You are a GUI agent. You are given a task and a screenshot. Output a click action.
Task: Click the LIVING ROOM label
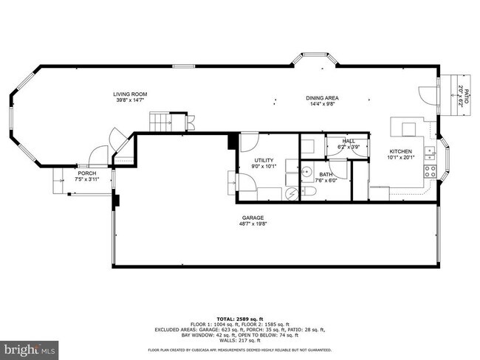pyautogui.click(x=130, y=94)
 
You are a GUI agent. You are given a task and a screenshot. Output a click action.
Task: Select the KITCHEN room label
pyautogui.click(x=402, y=151)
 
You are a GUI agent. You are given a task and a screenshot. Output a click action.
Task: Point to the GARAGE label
pyautogui.click(x=253, y=218)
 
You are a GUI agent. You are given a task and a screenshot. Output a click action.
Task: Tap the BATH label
pyautogui.click(x=326, y=174)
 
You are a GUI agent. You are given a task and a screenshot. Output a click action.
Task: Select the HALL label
pyautogui.click(x=349, y=140)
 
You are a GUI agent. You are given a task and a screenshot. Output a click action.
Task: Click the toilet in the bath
pyautogui.click(x=309, y=191)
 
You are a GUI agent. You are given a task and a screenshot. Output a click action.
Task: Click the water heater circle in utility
pyautogui.click(x=292, y=191)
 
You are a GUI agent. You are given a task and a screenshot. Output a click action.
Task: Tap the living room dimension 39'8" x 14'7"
pyautogui.click(x=130, y=101)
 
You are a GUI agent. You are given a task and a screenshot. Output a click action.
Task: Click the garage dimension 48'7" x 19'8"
pyautogui.click(x=253, y=224)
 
